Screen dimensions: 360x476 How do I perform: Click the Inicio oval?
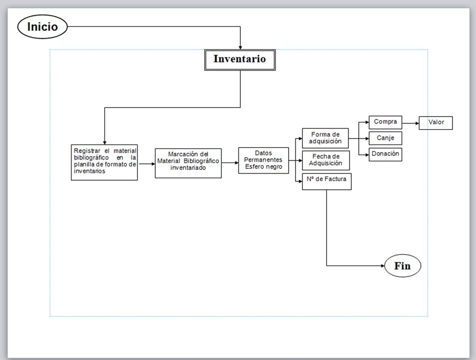[x=42, y=27]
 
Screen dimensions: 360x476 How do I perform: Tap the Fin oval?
[x=403, y=265]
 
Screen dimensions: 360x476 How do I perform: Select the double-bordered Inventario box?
[x=240, y=60]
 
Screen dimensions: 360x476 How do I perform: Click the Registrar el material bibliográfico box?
[x=104, y=162]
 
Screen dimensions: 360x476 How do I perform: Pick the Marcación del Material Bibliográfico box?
[x=188, y=163]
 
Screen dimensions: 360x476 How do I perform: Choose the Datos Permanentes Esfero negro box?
[x=263, y=160]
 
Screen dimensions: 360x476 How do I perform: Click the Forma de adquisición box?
[x=325, y=138]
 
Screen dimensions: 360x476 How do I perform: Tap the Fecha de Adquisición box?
[x=325, y=160]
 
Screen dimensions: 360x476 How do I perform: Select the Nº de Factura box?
[x=327, y=181]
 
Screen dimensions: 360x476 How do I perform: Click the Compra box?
[x=385, y=122]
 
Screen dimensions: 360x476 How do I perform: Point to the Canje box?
[x=385, y=138]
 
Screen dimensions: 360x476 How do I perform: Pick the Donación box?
[x=385, y=154]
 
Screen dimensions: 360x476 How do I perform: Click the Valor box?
[x=436, y=123]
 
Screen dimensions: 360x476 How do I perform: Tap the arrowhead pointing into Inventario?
[x=240, y=47]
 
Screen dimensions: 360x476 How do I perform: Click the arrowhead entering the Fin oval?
[x=382, y=265]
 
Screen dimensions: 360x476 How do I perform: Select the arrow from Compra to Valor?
[x=410, y=123]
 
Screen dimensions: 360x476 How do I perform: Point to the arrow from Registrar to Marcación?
[x=147, y=164]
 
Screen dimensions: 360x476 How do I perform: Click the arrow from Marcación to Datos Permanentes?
[x=230, y=163]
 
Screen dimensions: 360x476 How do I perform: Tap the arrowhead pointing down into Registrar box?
[x=105, y=142]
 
